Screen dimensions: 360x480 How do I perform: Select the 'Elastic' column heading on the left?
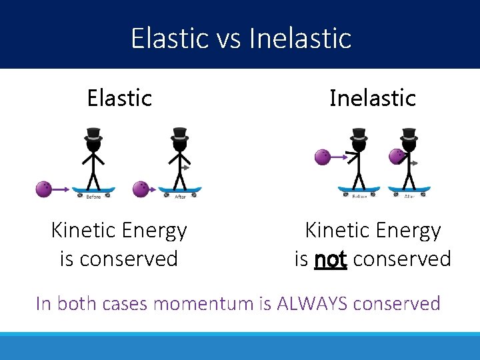[x=119, y=98]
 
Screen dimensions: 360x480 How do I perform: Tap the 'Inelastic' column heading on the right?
[x=372, y=98]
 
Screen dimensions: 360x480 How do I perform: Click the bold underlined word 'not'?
[x=330, y=259]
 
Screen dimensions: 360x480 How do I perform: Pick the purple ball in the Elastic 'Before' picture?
[x=44, y=189]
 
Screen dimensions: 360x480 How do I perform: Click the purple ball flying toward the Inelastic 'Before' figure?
[x=323, y=157]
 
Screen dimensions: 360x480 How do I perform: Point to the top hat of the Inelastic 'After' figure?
[x=409, y=133]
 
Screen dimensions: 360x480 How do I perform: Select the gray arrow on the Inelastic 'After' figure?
[x=413, y=163]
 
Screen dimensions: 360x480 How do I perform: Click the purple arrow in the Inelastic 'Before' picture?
[x=341, y=157]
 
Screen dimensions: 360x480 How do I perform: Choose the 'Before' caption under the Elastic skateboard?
[x=94, y=197]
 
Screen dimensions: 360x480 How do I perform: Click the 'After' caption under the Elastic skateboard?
[x=180, y=197]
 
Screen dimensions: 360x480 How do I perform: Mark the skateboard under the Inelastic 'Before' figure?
[x=359, y=189]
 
